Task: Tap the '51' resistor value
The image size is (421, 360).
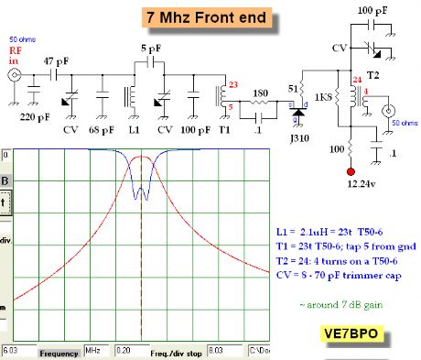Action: (x=295, y=88)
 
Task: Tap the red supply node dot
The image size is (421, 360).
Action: (x=350, y=171)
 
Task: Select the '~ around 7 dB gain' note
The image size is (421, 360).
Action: (x=343, y=303)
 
